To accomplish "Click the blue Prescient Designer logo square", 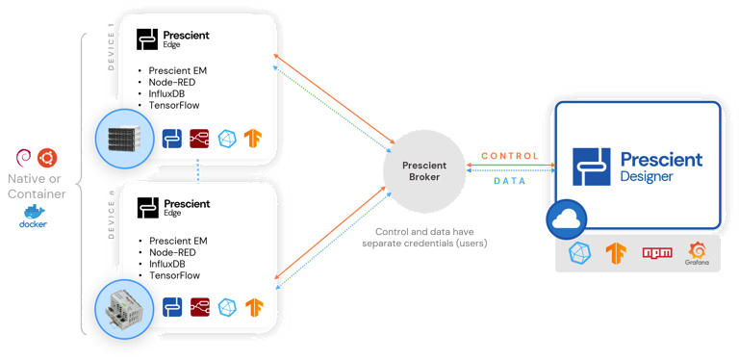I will tap(591, 167).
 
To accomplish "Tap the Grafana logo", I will tap(697, 253).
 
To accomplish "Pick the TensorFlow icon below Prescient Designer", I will tap(615, 253).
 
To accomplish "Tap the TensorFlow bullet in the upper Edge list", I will tap(174, 108).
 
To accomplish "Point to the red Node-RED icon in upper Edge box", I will tap(200, 139).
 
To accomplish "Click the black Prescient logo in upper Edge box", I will tap(147, 39).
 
